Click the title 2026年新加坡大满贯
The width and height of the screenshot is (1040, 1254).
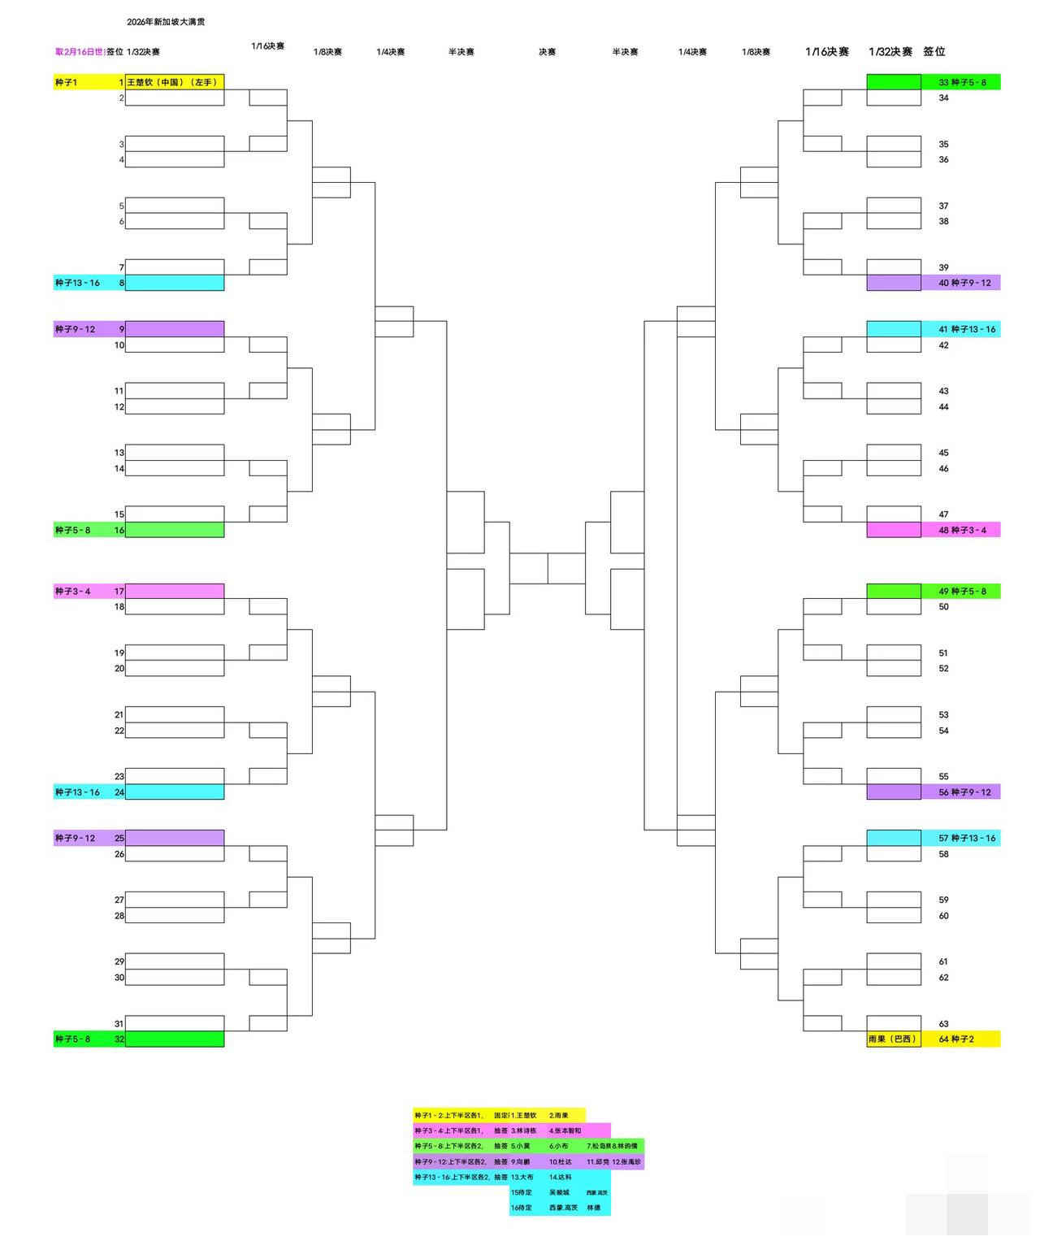coord(166,22)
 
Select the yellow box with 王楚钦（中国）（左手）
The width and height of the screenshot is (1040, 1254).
coord(174,82)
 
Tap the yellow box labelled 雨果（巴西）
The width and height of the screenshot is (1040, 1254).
coord(893,1039)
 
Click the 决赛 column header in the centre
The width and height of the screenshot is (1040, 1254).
coord(547,52)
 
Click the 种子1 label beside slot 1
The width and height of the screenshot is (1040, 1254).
coord(67,82)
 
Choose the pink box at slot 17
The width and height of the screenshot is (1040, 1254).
coord(174,591)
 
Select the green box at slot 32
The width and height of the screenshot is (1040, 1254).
coord(174,1039)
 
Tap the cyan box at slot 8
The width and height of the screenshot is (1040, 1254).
coord(174,283)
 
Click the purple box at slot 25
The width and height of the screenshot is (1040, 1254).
coord(174,838)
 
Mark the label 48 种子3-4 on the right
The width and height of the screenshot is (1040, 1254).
coord(962,530)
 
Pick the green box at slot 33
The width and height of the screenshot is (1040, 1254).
coord(893,82)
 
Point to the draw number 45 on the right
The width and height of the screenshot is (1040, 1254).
coord(943,453)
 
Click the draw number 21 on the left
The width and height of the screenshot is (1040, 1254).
coord(119,714)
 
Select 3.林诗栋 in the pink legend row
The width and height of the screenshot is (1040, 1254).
coord(524,1130)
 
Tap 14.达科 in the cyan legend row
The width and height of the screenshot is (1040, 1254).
coord(561,1177)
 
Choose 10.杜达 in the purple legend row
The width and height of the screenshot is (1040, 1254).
coord(561,1162)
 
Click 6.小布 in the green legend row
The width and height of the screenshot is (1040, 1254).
coord(559,1146)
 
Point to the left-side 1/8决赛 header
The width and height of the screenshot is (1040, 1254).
coord(327,52)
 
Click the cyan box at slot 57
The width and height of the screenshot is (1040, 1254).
coord(893,838)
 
